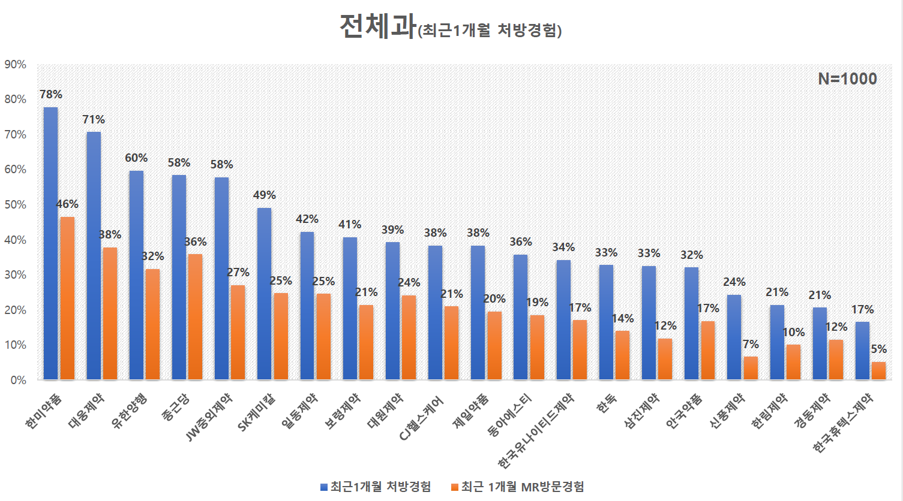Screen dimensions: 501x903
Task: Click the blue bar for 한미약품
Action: click(x=50, y=243)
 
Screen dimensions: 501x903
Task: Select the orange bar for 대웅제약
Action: click(x=110, y=313)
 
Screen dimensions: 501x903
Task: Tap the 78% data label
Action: click(x=51, y=94)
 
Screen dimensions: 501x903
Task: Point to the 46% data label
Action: click(x=67, y=204)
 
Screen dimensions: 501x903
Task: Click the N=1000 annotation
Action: click(x=847, y=79)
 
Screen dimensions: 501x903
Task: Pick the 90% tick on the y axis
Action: click(x=15, y=64)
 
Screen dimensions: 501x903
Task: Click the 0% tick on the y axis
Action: click(x=18, y=380)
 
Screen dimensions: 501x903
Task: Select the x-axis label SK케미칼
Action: click(x=257, y=412)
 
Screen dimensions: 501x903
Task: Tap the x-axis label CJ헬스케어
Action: click(x=422, y=418)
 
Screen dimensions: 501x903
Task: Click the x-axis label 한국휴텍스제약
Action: click(x=843, y=423)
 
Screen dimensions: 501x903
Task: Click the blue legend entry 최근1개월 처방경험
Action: click(x=376, y=487)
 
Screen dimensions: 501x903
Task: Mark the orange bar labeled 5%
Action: click(x=878, y=371)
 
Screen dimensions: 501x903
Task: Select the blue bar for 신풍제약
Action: click(x=734, y=337)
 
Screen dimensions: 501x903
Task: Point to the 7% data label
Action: click(x=751, y=345)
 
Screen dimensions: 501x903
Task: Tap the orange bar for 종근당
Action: click(x=195, y=317)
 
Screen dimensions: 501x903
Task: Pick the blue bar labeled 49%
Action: click(x=264, y=294)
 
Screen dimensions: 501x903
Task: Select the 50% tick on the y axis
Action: click(x=15, y=204)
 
